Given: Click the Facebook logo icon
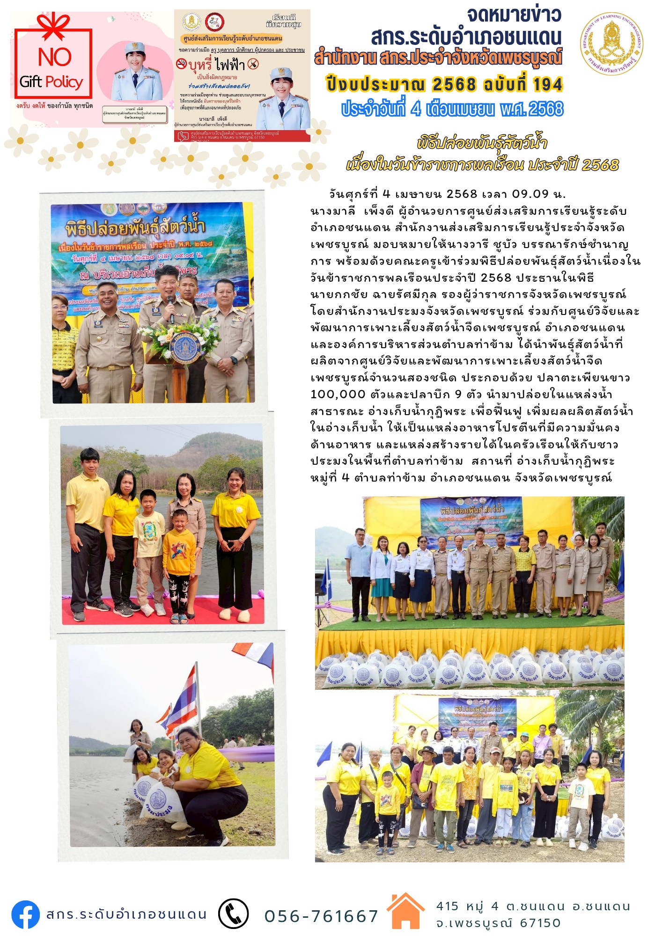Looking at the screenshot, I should pos(26,914).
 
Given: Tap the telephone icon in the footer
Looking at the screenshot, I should pos(233,914).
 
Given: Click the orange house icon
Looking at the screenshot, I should pos(405,911).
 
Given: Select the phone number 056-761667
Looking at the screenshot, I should pos(321,916).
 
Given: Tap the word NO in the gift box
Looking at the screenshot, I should pos(54,57).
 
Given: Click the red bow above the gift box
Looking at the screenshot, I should pos(52,26).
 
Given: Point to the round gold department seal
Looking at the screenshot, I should pos(611,44).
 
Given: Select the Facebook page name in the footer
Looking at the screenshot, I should pos(126,914).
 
